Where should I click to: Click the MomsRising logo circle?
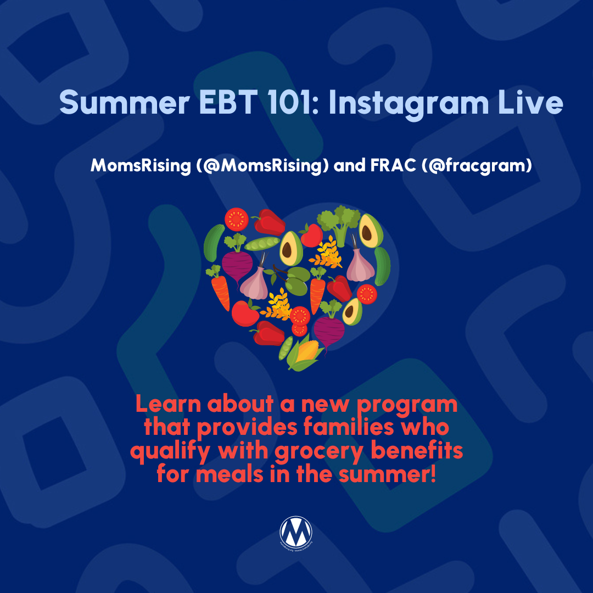tap(296, 532)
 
